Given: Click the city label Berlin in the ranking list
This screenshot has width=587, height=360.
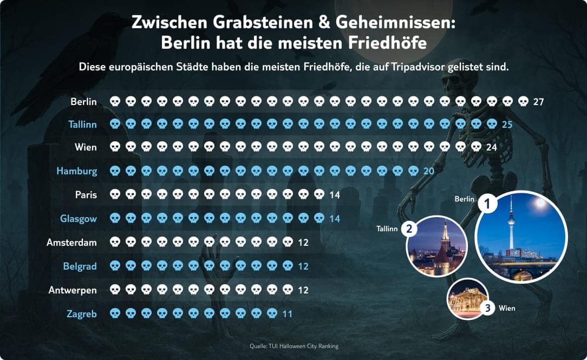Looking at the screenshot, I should [x=83, y=101].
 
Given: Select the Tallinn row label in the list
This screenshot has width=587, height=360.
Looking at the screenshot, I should [x=82, y=125].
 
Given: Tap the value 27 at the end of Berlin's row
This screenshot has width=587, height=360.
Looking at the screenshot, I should [x=538, y=101].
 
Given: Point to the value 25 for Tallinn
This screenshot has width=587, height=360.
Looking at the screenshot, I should [x=507, y=125].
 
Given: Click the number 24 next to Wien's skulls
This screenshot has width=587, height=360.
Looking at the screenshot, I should [x=491, y=147].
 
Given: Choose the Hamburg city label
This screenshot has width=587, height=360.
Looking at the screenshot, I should [x=76, y=171].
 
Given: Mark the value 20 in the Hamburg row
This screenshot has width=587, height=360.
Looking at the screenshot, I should [x=428, y=171].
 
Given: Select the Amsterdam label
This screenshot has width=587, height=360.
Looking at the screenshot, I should [x=71, y=242].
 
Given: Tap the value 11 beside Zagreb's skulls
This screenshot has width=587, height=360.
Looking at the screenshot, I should [x=287, y=313].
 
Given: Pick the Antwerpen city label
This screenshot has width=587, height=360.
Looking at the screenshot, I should [x=73, y=290].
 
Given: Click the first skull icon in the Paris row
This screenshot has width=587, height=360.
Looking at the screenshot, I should [x=115, y=194].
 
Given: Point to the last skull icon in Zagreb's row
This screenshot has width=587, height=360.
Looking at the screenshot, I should [x=272, y=313].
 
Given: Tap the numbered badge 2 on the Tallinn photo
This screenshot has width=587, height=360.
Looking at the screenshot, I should [x=409, y=229].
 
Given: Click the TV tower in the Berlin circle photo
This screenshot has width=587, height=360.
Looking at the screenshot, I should [x=511, y=222].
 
